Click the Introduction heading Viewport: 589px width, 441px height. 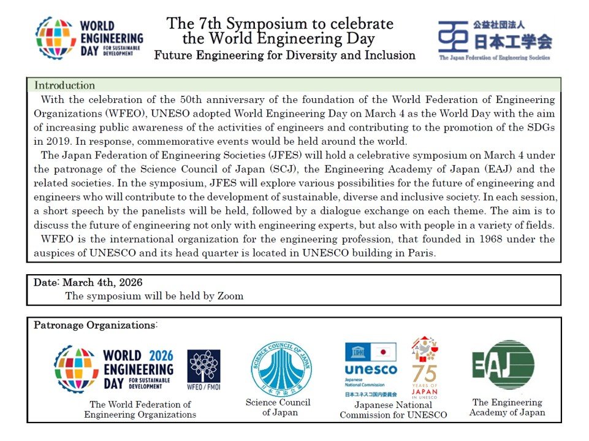(64, 85)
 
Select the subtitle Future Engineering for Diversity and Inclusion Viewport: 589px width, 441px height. (284, 55)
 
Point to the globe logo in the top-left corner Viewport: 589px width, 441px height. (56, 37)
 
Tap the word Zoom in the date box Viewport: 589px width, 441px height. (231, 296)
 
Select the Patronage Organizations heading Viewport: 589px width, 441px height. (95, 324)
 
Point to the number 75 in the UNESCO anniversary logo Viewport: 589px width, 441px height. (424, 374)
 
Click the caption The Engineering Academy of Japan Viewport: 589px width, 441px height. (507, 407)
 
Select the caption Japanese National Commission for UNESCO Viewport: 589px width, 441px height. (393, 410)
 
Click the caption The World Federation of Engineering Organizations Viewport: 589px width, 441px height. (140, 409)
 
